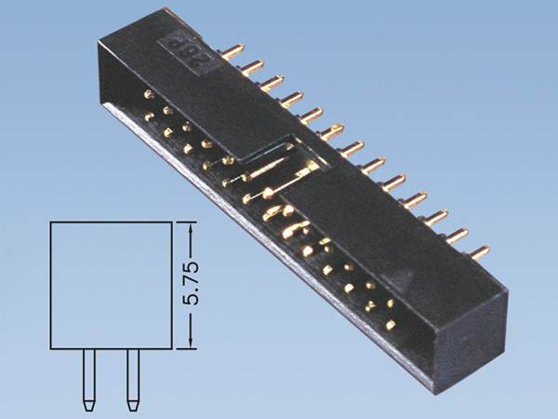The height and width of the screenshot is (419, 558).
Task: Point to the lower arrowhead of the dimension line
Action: [192, 345]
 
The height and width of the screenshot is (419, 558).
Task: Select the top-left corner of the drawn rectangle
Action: [50, 223]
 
